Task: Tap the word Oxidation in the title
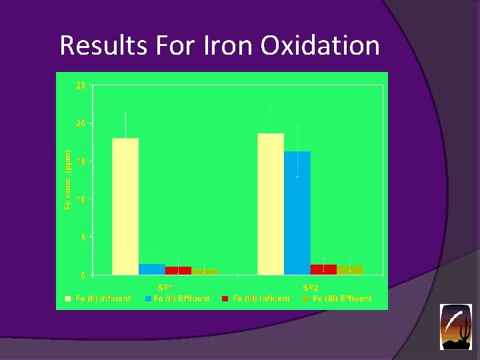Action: tap(320, 46)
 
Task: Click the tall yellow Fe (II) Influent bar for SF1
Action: tap(125, 206)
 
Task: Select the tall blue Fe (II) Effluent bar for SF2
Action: tap(297, 213)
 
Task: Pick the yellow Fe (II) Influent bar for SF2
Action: tap(270, 203)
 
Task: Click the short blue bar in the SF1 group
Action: tap(151, 269)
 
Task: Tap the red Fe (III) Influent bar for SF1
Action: tap(178, 271)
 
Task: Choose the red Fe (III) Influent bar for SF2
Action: tap(323, 269)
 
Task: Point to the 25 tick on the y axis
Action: tap(81, 85)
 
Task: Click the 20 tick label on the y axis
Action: tap(81, 123)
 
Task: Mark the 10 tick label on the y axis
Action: tap(81, 199)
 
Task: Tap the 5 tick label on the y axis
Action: tap(83, 237)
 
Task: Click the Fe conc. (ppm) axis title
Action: tap(67, 180)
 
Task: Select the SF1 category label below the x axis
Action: tap(165, 287)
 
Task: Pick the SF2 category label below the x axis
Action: tap(311, 287)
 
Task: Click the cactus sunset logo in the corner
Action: tap(455, 327)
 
